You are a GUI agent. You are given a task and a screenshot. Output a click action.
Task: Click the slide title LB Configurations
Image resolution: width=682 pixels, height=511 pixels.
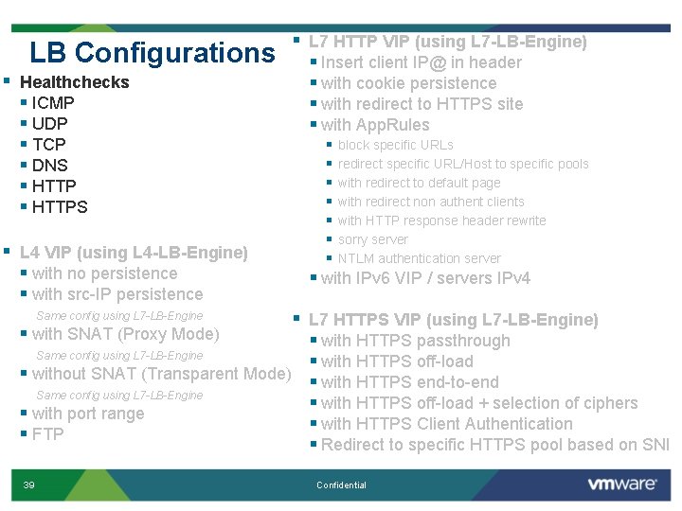tap(152, 52)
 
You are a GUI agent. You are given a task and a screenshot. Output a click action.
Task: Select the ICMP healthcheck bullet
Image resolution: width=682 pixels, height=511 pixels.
tap(53, 103)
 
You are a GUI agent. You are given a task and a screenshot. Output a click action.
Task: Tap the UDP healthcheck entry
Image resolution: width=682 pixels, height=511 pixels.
tap(50, 124)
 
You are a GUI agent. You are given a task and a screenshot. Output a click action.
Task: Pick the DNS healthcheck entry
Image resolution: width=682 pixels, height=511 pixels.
tap(50, 166)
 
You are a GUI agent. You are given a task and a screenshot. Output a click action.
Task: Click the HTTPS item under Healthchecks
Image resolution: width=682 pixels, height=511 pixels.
tap(60, 207)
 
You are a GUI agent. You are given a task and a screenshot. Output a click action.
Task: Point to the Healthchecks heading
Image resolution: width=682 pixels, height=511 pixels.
tap(74, 82)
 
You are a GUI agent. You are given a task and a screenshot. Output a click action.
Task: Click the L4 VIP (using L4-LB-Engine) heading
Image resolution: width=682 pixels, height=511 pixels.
tap(134, 253)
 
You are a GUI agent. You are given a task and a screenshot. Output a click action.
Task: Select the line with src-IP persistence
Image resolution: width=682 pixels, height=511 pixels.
tap(117, 294)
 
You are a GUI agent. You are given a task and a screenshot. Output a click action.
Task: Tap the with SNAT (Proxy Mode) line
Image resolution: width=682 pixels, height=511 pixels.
tap(125, 334)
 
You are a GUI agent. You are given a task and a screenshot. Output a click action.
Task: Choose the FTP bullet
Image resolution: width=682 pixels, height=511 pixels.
tap(47, 434)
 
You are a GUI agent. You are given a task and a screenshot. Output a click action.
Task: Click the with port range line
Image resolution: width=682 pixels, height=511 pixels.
tap(88, 414)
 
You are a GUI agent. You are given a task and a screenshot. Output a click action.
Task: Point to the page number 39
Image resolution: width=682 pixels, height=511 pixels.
tap(29, 485)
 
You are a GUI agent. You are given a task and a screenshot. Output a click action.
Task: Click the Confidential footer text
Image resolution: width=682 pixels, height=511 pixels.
tap(341, 485)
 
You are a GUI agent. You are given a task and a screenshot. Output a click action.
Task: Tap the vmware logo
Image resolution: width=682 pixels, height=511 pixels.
tap(621, 484)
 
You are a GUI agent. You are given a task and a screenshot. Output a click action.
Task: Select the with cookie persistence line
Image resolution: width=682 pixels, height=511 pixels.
tap(408, 83)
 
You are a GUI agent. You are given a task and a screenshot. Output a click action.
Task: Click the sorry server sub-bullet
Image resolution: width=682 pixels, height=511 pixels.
tap(373, 239)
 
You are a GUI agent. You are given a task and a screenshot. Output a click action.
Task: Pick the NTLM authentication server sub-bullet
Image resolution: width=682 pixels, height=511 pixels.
tap(420, 258)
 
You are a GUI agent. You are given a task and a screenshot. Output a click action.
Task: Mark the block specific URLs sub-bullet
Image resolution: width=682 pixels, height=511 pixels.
tap(395, 145)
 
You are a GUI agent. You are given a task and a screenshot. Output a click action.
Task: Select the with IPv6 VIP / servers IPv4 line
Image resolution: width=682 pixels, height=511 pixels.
tap(425, 278)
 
